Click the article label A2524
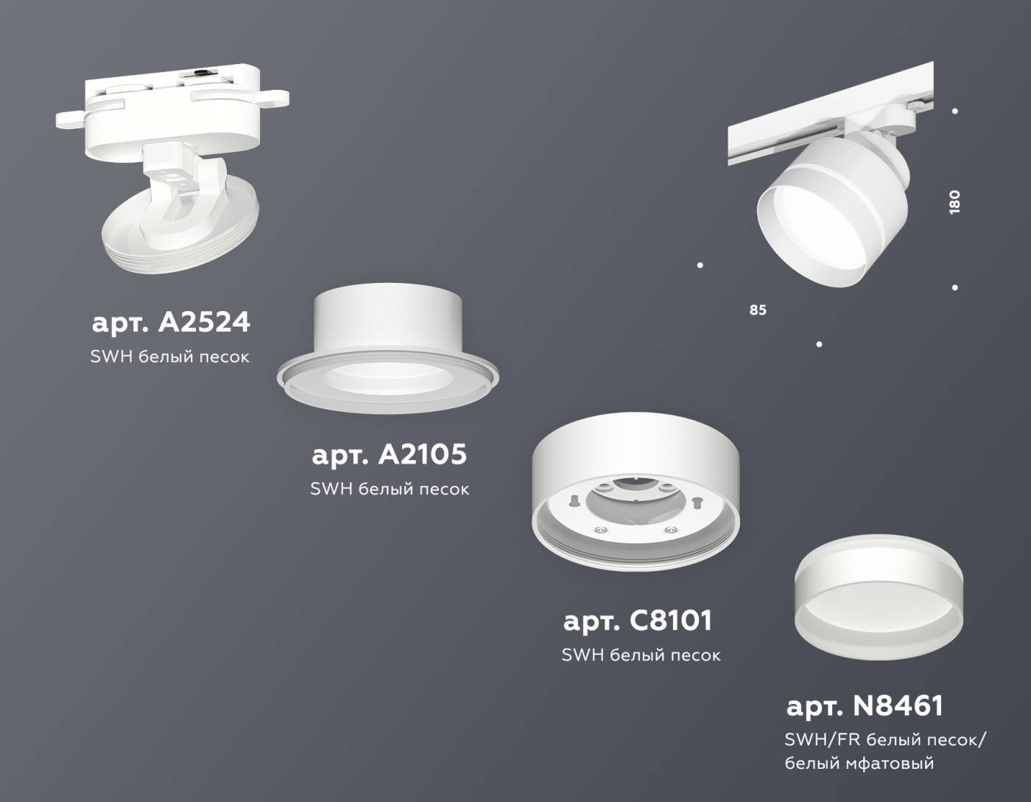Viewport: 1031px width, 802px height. pyautogui.click(x=171, y=322)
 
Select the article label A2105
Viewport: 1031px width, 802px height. pyautogui.click(x=389, y=454)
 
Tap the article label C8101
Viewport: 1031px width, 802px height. pyautogui.click(x=638, y=621)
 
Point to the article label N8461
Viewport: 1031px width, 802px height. pyautogui.click(x=865, y=706)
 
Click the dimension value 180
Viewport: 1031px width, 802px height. pyautogui.click(x=955, y=202)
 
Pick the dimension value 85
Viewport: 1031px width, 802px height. pyautogui.click(x=758, y=310)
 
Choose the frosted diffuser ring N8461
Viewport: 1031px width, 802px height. pyautogui.click(x=879, y=605)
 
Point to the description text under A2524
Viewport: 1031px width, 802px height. pyautogui.click(x=170, y=357)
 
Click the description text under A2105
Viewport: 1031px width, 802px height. pyautogui.click(x=390, y=489)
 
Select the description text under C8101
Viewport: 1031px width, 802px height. pyautogui.click(x=641, y=655)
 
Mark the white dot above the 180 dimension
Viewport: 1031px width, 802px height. pyautogui.click(x=955, y=111)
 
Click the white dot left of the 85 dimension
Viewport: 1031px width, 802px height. pyautogui.click(x=700, y=265)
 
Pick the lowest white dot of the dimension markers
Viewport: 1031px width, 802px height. pyautogui.click(x=819, y=344)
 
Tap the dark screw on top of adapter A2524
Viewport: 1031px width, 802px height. pyautogui.click(x=200, y=72)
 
